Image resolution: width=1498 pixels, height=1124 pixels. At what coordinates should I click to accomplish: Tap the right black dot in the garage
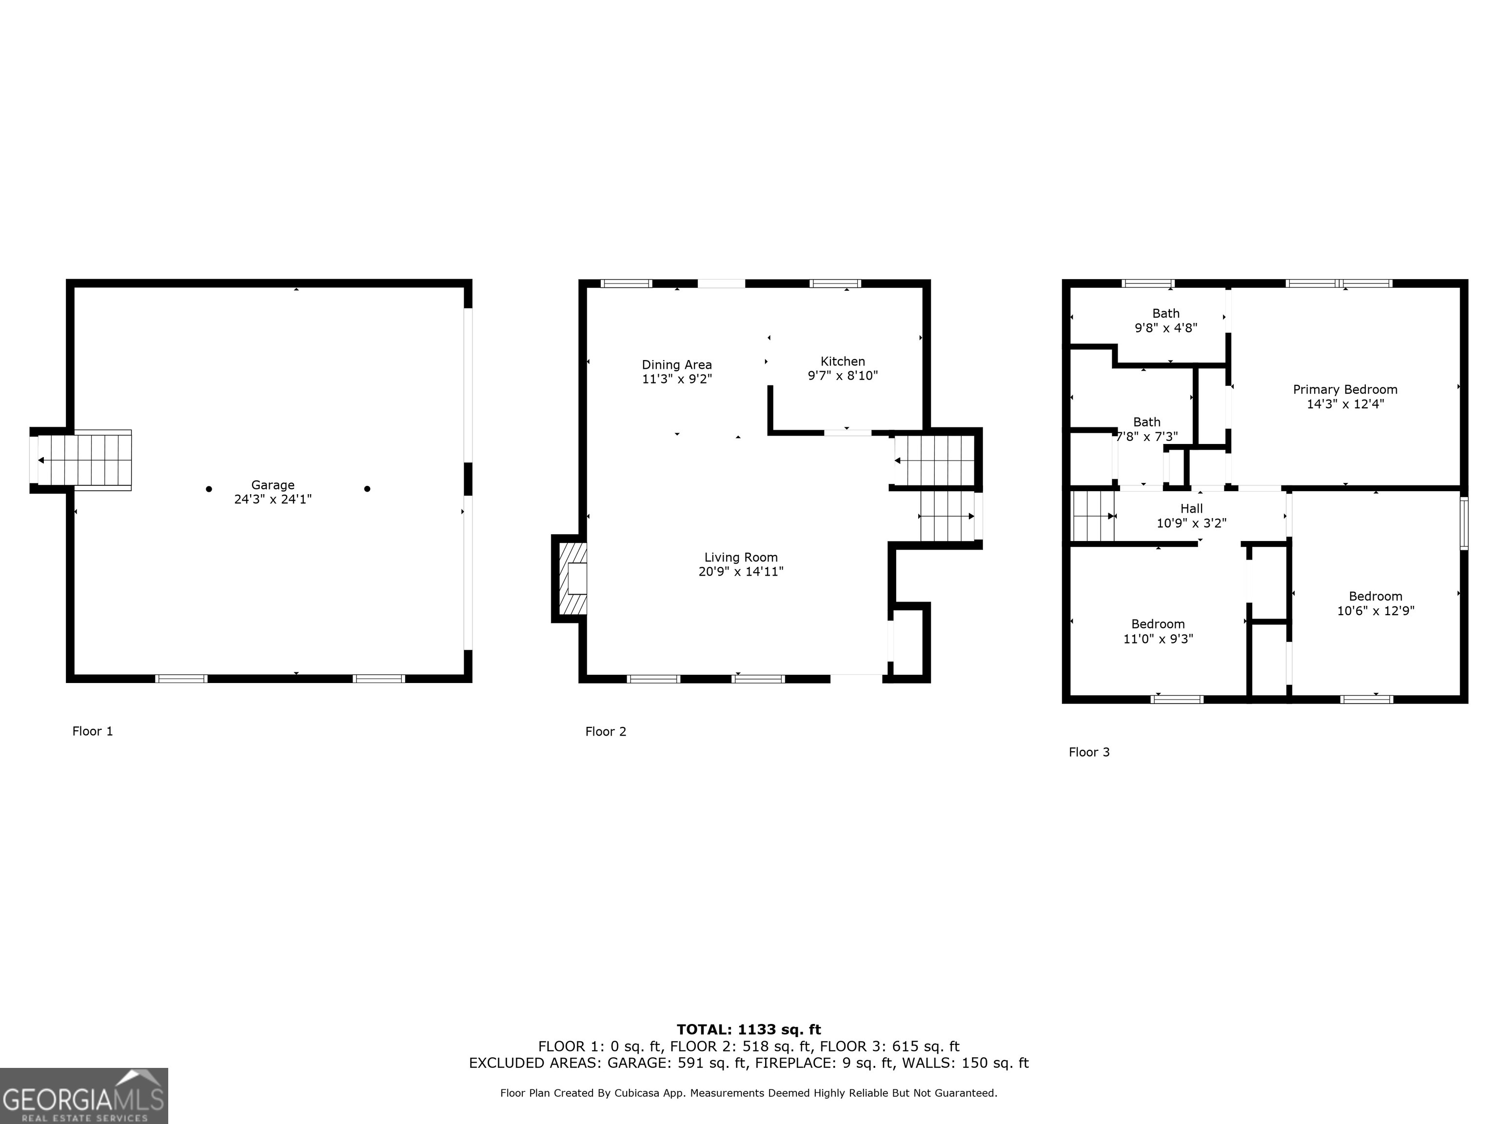coord(367,488)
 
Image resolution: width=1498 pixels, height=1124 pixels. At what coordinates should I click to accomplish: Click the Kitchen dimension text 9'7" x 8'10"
coord(843,375)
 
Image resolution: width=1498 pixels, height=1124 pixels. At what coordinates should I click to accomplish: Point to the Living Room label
coord(741,558)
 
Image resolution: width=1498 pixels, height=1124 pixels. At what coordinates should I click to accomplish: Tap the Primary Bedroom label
coord(1345,390)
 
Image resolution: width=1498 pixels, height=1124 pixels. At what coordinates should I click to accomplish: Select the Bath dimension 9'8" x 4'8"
coord(1165,328)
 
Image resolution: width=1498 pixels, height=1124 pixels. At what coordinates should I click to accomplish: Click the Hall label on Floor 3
coord(1191,509)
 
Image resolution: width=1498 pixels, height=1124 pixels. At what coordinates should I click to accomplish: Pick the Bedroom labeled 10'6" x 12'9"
coord(1376,603)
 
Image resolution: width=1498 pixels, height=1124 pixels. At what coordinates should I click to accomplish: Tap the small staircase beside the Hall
coord(1092,516)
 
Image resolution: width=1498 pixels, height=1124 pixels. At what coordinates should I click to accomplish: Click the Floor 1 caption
coord(93,731)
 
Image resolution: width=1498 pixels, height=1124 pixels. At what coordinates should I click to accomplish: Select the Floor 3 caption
coord(1089,752)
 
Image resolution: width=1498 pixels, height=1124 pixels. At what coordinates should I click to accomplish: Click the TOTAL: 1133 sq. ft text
coord(749,1030)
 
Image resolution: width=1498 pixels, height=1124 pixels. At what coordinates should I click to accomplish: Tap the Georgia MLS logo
coord(83,1096)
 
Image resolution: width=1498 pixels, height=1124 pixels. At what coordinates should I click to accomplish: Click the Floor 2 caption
coord(606,732)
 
